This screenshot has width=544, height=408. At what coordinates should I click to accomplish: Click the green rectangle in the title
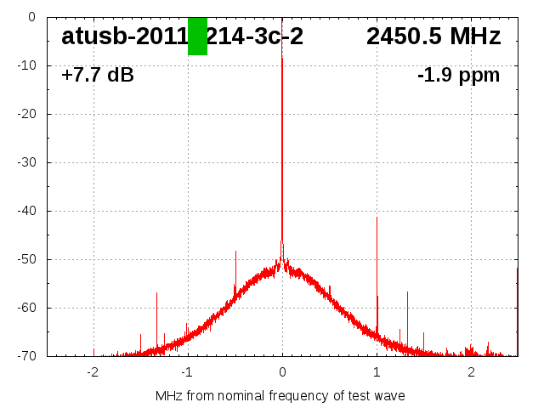[197, 36]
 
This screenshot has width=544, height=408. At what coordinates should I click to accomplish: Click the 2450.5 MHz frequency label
[433, 37]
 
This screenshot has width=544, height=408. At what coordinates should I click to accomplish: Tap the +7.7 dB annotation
[98, 76]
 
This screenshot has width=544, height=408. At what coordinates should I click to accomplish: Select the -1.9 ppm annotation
[458, 76]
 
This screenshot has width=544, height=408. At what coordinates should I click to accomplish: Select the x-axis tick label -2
[92, 372]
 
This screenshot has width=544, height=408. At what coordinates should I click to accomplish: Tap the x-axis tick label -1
[186, 372]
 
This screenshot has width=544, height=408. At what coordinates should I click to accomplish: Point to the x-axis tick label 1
[377, 372]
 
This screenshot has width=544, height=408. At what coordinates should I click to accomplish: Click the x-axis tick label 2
[471, 372]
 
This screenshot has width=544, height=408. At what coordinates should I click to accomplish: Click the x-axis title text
[280, 396]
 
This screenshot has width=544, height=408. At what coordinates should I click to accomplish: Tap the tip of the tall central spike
[282, 19]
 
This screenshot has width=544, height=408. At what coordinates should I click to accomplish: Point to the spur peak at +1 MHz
[377, 218]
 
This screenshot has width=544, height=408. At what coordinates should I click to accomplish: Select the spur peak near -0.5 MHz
[235, 252]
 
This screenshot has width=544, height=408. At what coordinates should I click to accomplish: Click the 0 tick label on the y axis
[31, 17]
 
